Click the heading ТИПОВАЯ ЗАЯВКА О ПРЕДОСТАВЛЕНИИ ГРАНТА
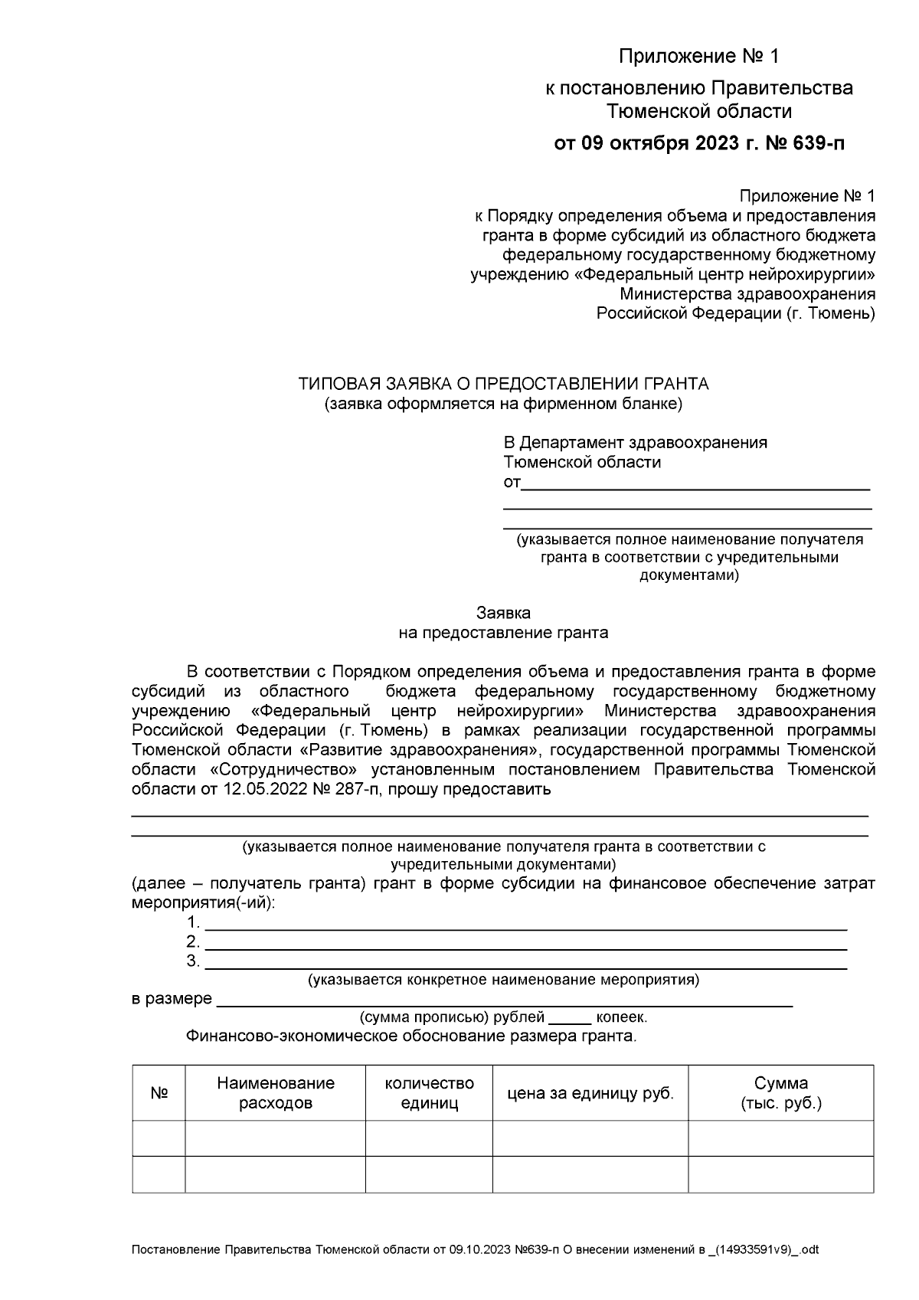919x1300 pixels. [503, 384]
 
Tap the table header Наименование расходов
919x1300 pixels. [275, 1093]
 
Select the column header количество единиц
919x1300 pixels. [429, 1093]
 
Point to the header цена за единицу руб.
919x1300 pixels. [590, 1093]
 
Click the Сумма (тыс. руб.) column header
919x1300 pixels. [780, 1093]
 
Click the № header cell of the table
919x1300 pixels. [159, 1093]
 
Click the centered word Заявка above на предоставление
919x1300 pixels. [503, 613]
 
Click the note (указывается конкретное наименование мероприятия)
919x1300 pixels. [503, 980]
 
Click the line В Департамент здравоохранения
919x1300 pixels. [635, 443]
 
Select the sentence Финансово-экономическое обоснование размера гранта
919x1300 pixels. [410, 1037]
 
